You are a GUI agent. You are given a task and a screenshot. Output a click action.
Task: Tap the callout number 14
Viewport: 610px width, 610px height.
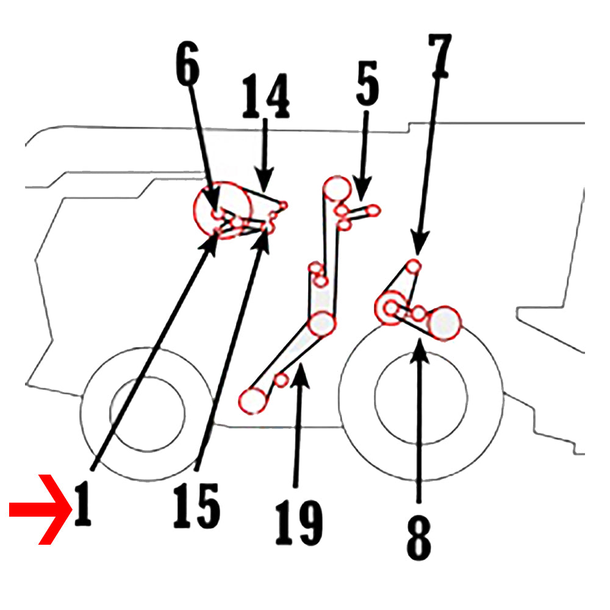point(266,96)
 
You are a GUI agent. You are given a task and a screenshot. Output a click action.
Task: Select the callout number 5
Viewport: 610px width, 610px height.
point(367,83)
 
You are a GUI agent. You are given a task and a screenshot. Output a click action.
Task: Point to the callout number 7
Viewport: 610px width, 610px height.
point(440,56)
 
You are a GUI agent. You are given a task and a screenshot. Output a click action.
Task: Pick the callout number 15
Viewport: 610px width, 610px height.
point(197,506)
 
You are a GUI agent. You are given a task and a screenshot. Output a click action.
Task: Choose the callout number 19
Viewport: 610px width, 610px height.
point(299,523)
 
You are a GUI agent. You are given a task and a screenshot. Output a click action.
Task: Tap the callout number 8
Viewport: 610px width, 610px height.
point(418,538)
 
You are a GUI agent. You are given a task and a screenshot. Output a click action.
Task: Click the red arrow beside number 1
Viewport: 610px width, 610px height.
point(40,509)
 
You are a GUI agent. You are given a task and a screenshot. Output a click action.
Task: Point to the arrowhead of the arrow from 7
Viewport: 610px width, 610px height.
point(418,243)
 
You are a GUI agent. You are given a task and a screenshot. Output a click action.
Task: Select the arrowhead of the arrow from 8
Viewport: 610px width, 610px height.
point(420,351)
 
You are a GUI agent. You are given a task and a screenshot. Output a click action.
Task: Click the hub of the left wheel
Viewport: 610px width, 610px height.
point(148,414)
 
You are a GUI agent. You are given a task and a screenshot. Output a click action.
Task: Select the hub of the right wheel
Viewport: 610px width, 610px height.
point(421,397)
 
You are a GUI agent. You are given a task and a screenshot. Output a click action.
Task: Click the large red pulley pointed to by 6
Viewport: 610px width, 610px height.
point(223,210)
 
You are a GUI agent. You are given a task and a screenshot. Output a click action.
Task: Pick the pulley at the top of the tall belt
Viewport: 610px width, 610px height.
point(337,188)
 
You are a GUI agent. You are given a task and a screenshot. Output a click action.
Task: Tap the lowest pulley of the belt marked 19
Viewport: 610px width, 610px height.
point(253,401)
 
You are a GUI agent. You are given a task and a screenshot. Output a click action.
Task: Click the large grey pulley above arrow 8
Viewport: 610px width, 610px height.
point(444,323)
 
